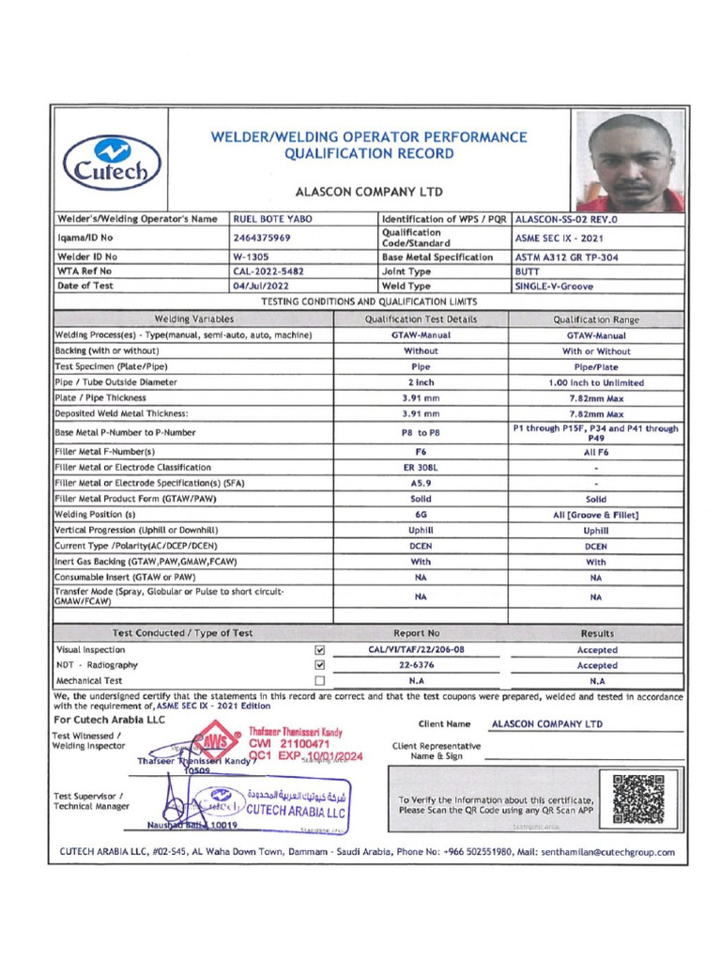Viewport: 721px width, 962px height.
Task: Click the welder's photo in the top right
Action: click(x=630, y=162)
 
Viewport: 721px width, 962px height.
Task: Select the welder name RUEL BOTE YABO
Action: click(x=267, y=219)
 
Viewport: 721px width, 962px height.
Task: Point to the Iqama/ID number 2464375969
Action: click(x=262, y=238)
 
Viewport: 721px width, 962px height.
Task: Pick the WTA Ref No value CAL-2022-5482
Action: click(x=268, y=271)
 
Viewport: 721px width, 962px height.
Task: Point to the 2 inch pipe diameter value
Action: click(x=421, y=382)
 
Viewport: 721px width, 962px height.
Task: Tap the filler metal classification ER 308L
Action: click(x=421, y=467)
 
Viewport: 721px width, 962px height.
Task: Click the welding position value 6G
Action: click(x=421, y=514)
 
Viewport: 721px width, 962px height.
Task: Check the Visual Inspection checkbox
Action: click(x=320, y=649)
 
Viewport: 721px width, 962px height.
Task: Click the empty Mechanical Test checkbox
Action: click(x=320, y=680)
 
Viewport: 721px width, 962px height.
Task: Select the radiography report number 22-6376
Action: click(x=416, y=665)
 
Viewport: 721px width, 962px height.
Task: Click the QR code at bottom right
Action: click(x=637, y=799)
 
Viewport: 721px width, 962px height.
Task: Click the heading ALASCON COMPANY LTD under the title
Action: click(x=368, y=192)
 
